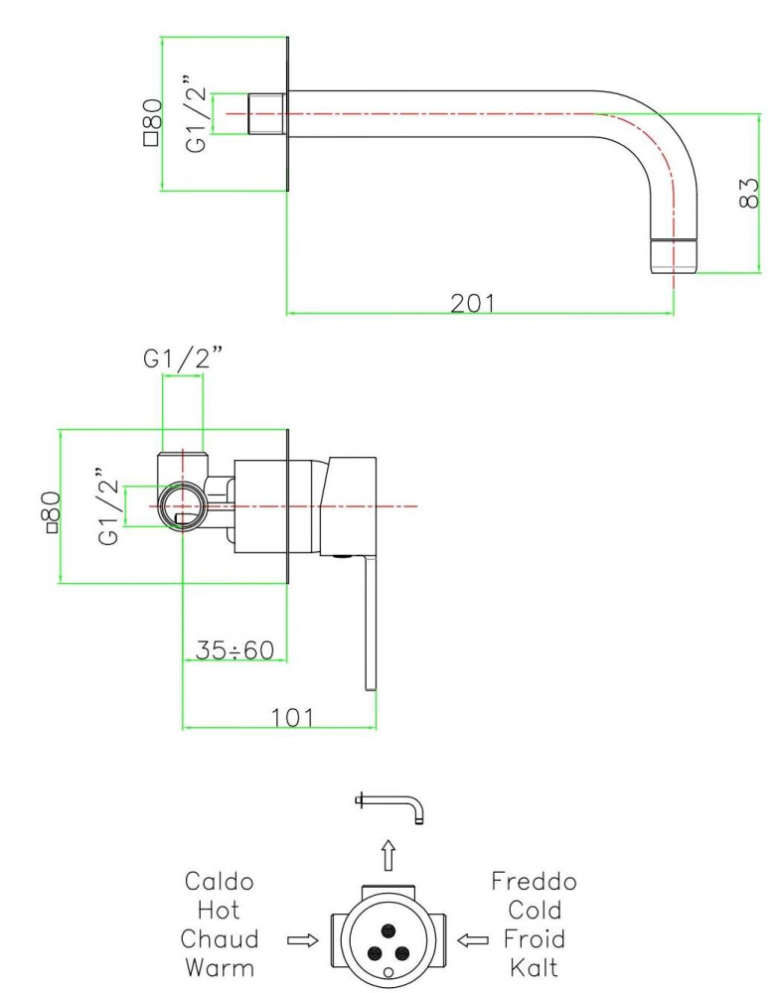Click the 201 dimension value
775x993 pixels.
click(x=472, y=303)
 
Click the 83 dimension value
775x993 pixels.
click(x=748, y=193)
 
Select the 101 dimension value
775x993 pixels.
click(x=292, y=718)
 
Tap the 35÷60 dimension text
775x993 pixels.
click(x=234, y=649)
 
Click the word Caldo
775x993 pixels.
click(x=220, y=881)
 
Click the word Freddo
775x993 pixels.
click(x=534, y=881)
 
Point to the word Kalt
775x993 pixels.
click(x=534, y=967)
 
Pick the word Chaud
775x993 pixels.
click(x=220, y=938)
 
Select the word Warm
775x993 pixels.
click(x=220, y=967)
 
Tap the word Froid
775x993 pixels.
click(x=534, y=938)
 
